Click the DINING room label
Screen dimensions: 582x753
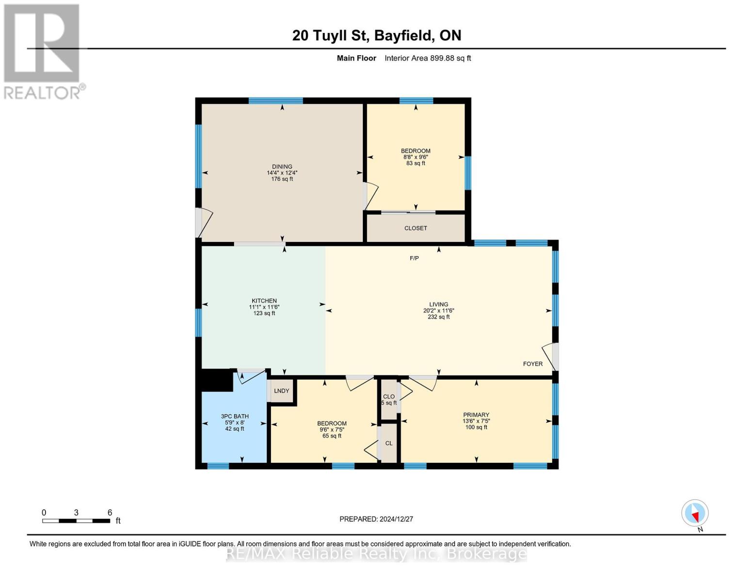point(282,166)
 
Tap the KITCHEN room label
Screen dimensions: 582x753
point(264,301)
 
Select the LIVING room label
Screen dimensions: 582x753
point(438,304)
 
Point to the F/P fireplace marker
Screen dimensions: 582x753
point(414,258)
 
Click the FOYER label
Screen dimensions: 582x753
point(532,364)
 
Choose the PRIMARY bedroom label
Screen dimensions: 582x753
point(476,415)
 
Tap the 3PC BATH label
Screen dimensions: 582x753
point(235,416)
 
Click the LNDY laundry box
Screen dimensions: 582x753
point(281,391)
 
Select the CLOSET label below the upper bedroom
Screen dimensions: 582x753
point(416,228)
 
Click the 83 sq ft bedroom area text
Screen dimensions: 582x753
point(416,163)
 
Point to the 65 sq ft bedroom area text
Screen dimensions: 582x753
point(332,436)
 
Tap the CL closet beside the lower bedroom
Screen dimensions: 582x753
point(389,443)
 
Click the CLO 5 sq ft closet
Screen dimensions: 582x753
point(389,400)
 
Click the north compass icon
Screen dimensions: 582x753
point(695,513)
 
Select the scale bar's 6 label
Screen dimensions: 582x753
point(110,513)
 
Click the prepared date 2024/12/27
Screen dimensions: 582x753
point(376,519)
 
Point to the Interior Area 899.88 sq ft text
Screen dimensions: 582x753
point(428,58)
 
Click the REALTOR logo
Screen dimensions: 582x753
point(42,51)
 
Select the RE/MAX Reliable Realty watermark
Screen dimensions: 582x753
point(376,554)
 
